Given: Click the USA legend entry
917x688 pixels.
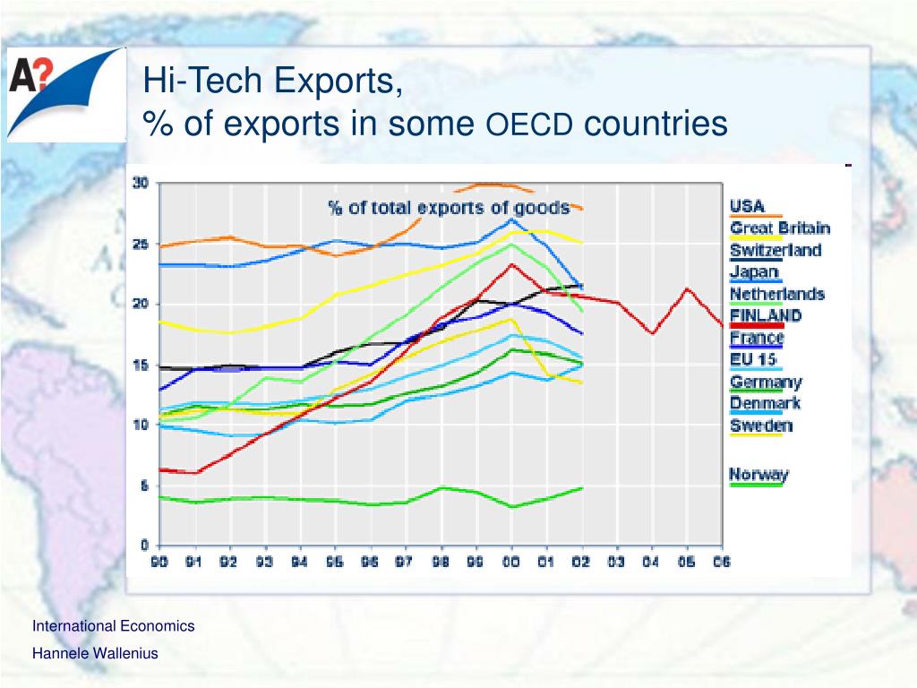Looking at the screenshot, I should (747, 206).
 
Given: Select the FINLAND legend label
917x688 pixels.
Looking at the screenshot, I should (766, 315).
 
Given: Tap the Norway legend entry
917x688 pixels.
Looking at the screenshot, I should (758, 475).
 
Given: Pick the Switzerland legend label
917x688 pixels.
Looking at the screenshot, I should (775, 250).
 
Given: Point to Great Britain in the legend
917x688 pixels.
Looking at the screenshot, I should (779, 228).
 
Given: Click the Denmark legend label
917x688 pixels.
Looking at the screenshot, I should (765, 403).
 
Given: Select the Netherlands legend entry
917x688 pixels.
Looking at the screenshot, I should (776, 294).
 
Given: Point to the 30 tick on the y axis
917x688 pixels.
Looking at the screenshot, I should (141, 184).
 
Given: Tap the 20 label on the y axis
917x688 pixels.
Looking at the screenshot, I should (141, 305).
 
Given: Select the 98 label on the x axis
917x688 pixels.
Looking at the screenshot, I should (441, 562).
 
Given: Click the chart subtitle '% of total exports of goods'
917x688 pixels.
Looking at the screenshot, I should (449, 208).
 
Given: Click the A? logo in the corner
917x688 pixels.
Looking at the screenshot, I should (64, 94).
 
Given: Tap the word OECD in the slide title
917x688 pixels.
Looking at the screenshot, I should (528, 125).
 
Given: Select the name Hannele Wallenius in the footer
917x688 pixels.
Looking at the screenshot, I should (95, 653).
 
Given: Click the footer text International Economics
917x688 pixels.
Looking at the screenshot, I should (113, 626).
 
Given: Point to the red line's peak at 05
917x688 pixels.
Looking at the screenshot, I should (686, 288).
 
